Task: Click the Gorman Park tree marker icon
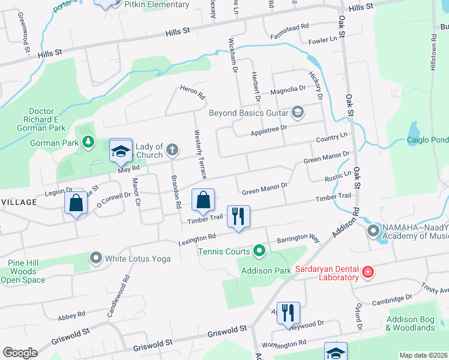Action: pyautogui.click(x=89, y=142)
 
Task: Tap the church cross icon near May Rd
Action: pyautogui.click(x=172, y=149)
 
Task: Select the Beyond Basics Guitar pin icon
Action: pyautogui.click(x=297, y=112)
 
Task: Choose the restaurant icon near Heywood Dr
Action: pyautogui.click(x=288, y=312)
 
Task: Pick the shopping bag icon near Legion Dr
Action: pyautogui.click(x=76, y=203)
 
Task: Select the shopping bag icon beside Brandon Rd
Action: pyautogui.click(x=203, y=199)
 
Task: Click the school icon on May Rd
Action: pyautogui.click(x=121, y=152)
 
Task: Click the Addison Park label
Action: pyautogui.click(x=265, y=271)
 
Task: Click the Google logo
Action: pyautogui.click(x=20, y=353)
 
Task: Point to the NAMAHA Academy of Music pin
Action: pyautogui.click(x=373, y=230)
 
